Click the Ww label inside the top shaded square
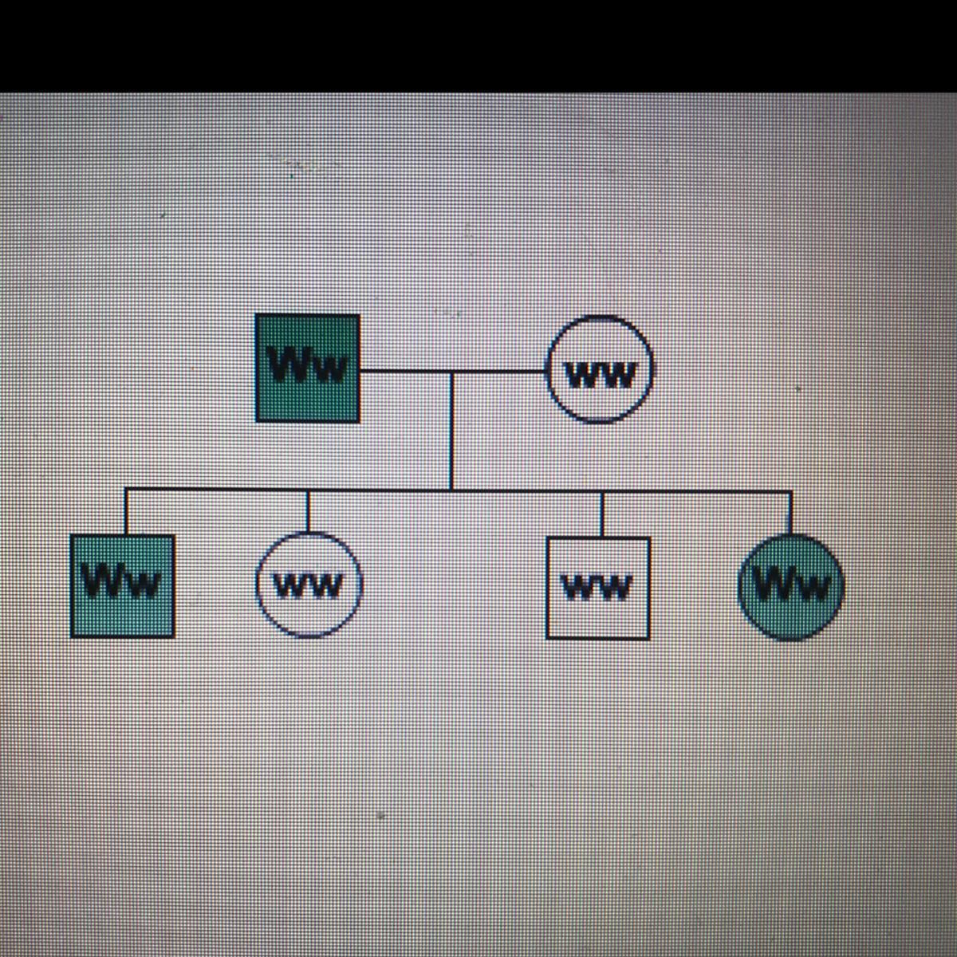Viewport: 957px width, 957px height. (x=307, y=367)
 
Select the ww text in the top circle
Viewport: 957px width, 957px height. (x=600, y=374)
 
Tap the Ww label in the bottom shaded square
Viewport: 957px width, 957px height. (x=121, y=581)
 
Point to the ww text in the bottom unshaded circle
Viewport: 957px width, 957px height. (x=309, y=586)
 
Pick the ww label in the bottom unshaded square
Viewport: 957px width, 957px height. (x=597, y=588)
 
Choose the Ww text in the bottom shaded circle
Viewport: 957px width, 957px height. (x=790, y=586)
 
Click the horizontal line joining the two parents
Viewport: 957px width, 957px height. (x=407, y=372)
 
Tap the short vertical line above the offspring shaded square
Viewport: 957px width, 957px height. (x=125, y=512)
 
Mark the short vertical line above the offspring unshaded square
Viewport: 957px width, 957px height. (x=601, y=514)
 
